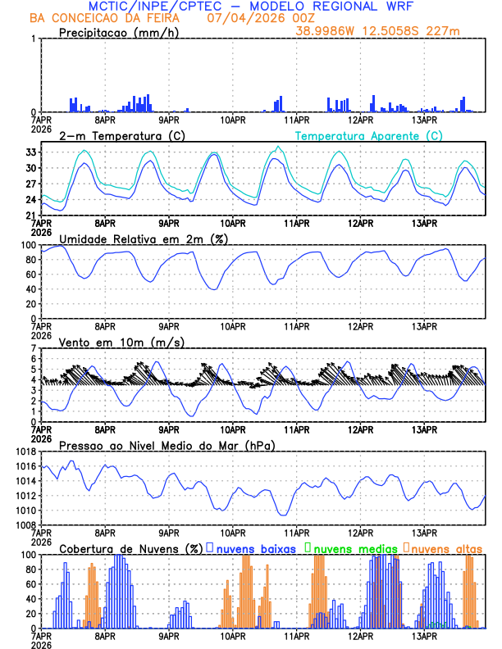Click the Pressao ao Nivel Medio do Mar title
(167, 445)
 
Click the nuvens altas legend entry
(447, 548)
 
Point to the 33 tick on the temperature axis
(30, 152)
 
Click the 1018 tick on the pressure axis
(25, 452)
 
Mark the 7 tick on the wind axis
(33, 348)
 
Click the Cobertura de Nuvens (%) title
(130, 548)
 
